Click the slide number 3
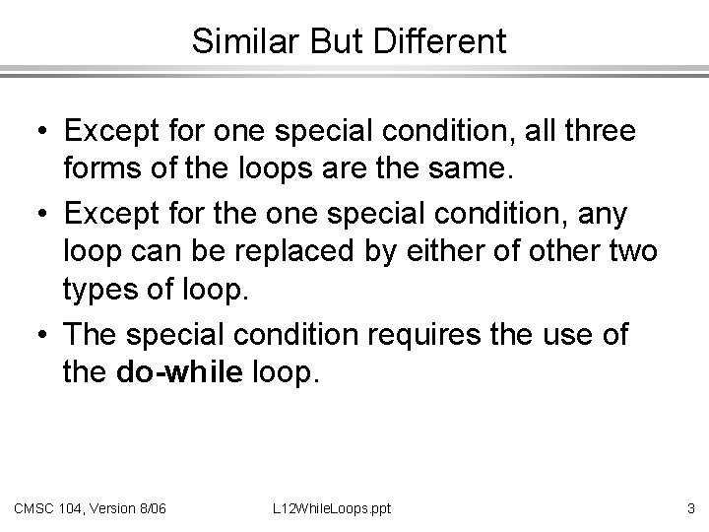click(690, 508)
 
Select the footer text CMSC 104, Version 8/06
click(90, 508)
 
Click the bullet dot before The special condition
click(44, 334)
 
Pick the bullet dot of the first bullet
click(44, 130)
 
